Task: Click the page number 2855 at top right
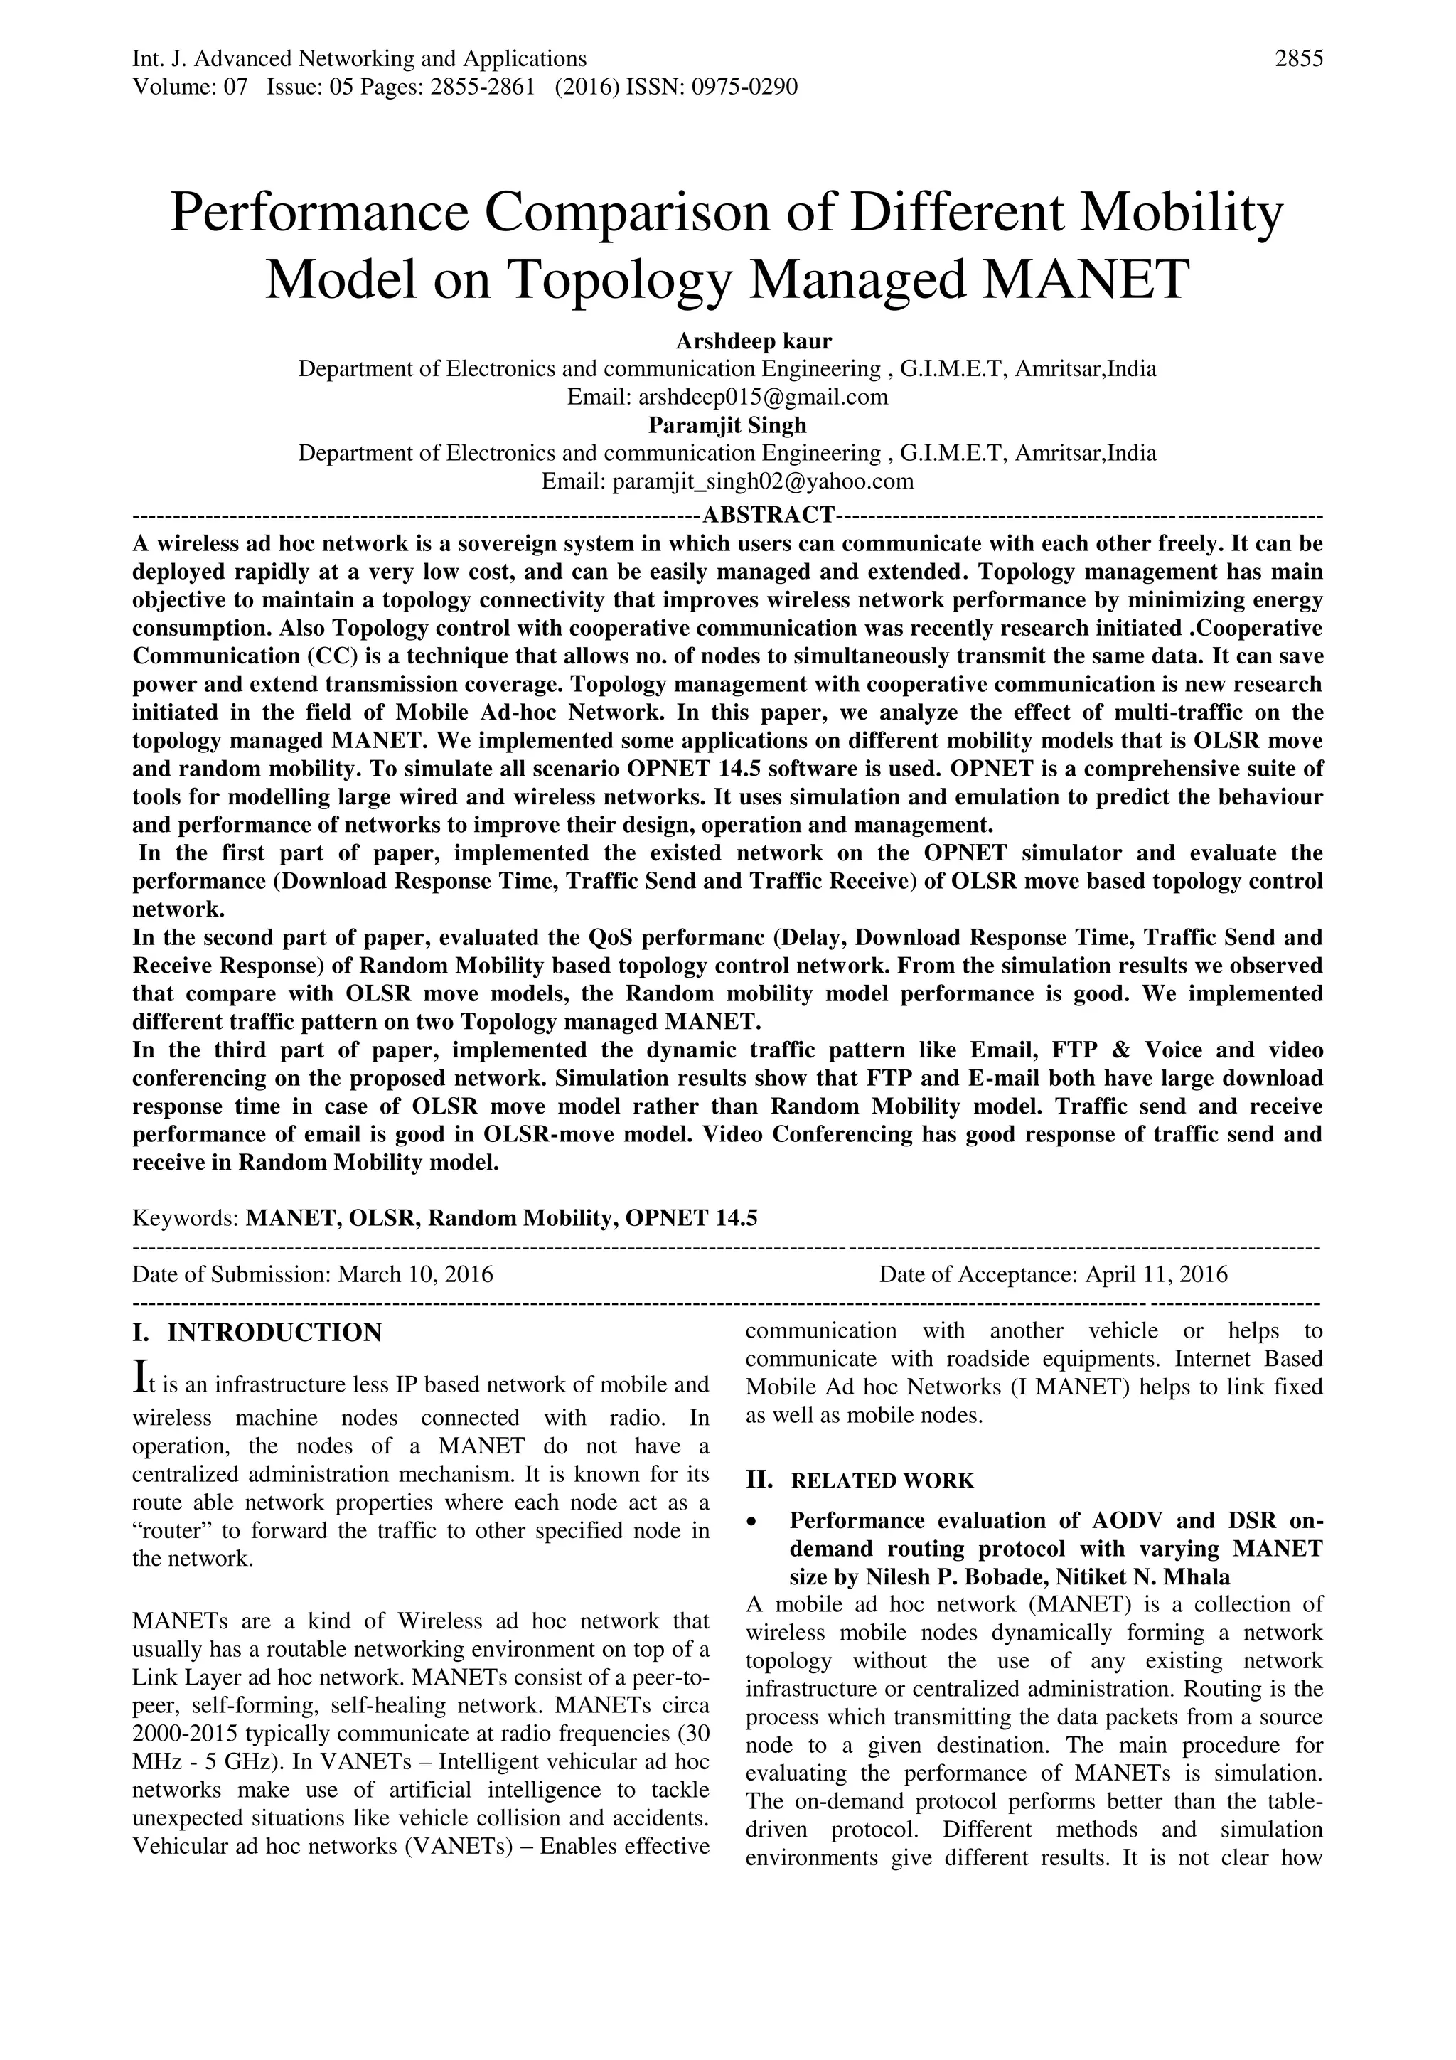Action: pos(1298,59)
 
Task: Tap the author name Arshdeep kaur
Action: pos(754,341)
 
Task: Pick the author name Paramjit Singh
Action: pos(727,425)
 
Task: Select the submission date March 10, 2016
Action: pos(415,1274)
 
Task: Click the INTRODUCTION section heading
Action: pos(274,1333)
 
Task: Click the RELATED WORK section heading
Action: pos(882,1480)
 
